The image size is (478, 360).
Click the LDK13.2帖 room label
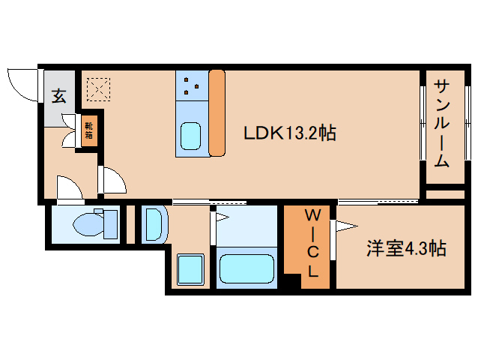tap(289, 133)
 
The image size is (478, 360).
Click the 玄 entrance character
tap(59, 95)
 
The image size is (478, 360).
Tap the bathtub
tap(248, 268)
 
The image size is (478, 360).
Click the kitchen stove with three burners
tap(192, 85)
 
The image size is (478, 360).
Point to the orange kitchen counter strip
tap(217, 112)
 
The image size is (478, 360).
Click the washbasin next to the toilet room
tap(154, 224)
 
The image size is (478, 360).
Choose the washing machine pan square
tap(190, 268)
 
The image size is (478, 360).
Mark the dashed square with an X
tap(97, 90)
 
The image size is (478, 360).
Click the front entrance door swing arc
tap(21, 83)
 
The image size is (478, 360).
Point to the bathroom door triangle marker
tap(222, 217)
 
